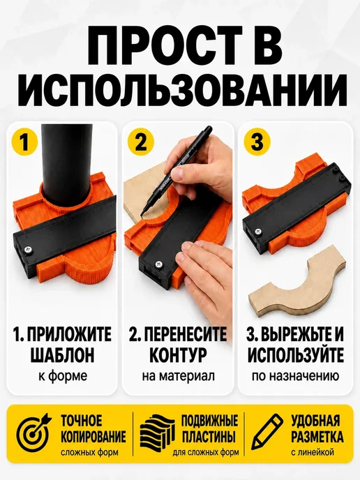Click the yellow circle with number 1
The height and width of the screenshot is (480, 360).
pyautogui.click(x=24, y=142)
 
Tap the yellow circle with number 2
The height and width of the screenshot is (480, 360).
pyautogui.click(x=141, y=142)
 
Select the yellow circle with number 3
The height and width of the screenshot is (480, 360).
pyautogui.click(x=257, y=142)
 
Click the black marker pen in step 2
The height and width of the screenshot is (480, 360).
pyautogui.click(x=175, y=172)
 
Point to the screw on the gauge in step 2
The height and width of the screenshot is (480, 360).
pyautogui.click(x=159, y=264)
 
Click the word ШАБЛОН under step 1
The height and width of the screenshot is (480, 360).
pyautogui.click(x=63, y=355)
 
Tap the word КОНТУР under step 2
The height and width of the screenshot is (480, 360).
pyautogui.click(x=178, y=355)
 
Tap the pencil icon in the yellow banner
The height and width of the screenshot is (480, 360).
pyautogui.click(x=267, y=432)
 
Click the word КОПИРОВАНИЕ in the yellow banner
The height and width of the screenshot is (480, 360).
pyautogui.click(x=93, y=436)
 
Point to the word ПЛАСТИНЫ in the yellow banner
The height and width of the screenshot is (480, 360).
pyautogui.click(x=209, y=436)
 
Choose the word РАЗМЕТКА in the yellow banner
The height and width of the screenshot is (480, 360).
pyautogui.click(x=317, y=436)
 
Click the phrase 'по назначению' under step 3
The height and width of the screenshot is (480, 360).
pyautogui.click(x=295, y=375)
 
